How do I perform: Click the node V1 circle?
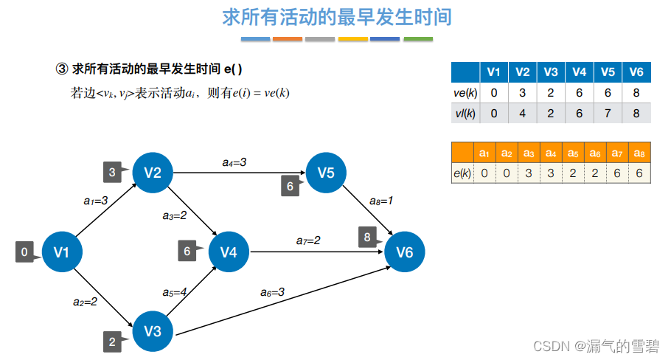coord(61,252)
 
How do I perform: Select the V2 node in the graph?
coord(153,173)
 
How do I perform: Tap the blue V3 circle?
coord(153,331)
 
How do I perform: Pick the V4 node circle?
coord(229,252)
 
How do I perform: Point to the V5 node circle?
coord(326,173)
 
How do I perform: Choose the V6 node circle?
coord(405,252)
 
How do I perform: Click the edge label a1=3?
coord(96,199)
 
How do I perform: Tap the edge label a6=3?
coord(272,293)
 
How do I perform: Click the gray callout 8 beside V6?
coord(367,238)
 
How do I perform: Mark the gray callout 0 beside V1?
coord(25,252)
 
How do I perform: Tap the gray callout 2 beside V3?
coord(112,342)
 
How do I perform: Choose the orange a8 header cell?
coord(639,153)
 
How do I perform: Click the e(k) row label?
coord(462,173)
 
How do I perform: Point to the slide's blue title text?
coord(336,17)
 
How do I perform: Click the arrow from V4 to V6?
coord(317,252)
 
